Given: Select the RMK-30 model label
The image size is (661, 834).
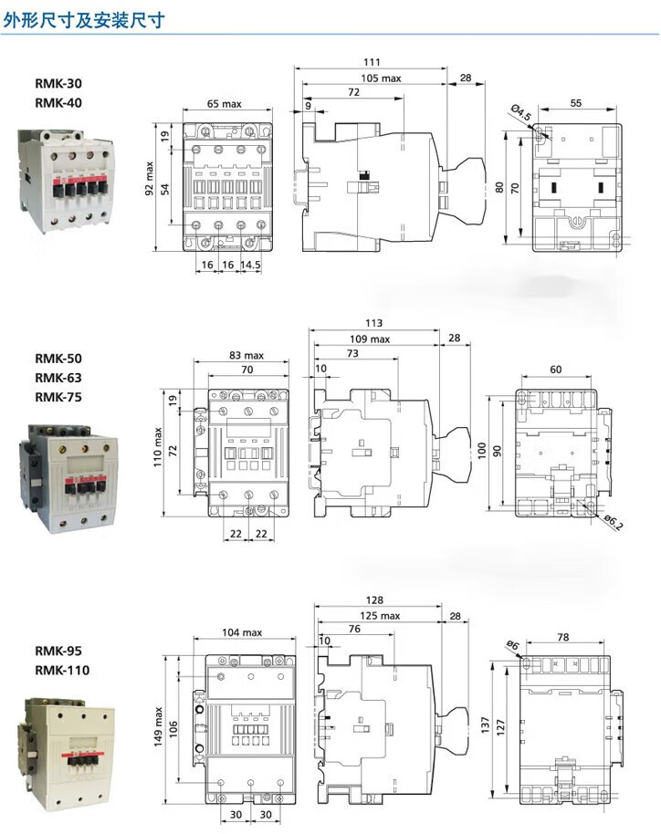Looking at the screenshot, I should coord(58,84).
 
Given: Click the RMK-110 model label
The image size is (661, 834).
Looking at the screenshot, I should coord(62,670).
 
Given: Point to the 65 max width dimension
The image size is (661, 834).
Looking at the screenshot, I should coord(224,104).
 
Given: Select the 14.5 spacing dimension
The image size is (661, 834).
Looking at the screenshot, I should coord(251,264).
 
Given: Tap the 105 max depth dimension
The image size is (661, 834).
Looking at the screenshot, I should coord(381,78).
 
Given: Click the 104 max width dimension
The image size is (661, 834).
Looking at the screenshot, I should coord(242,632).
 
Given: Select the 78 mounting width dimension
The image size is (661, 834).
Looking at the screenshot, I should coord(563,637).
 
